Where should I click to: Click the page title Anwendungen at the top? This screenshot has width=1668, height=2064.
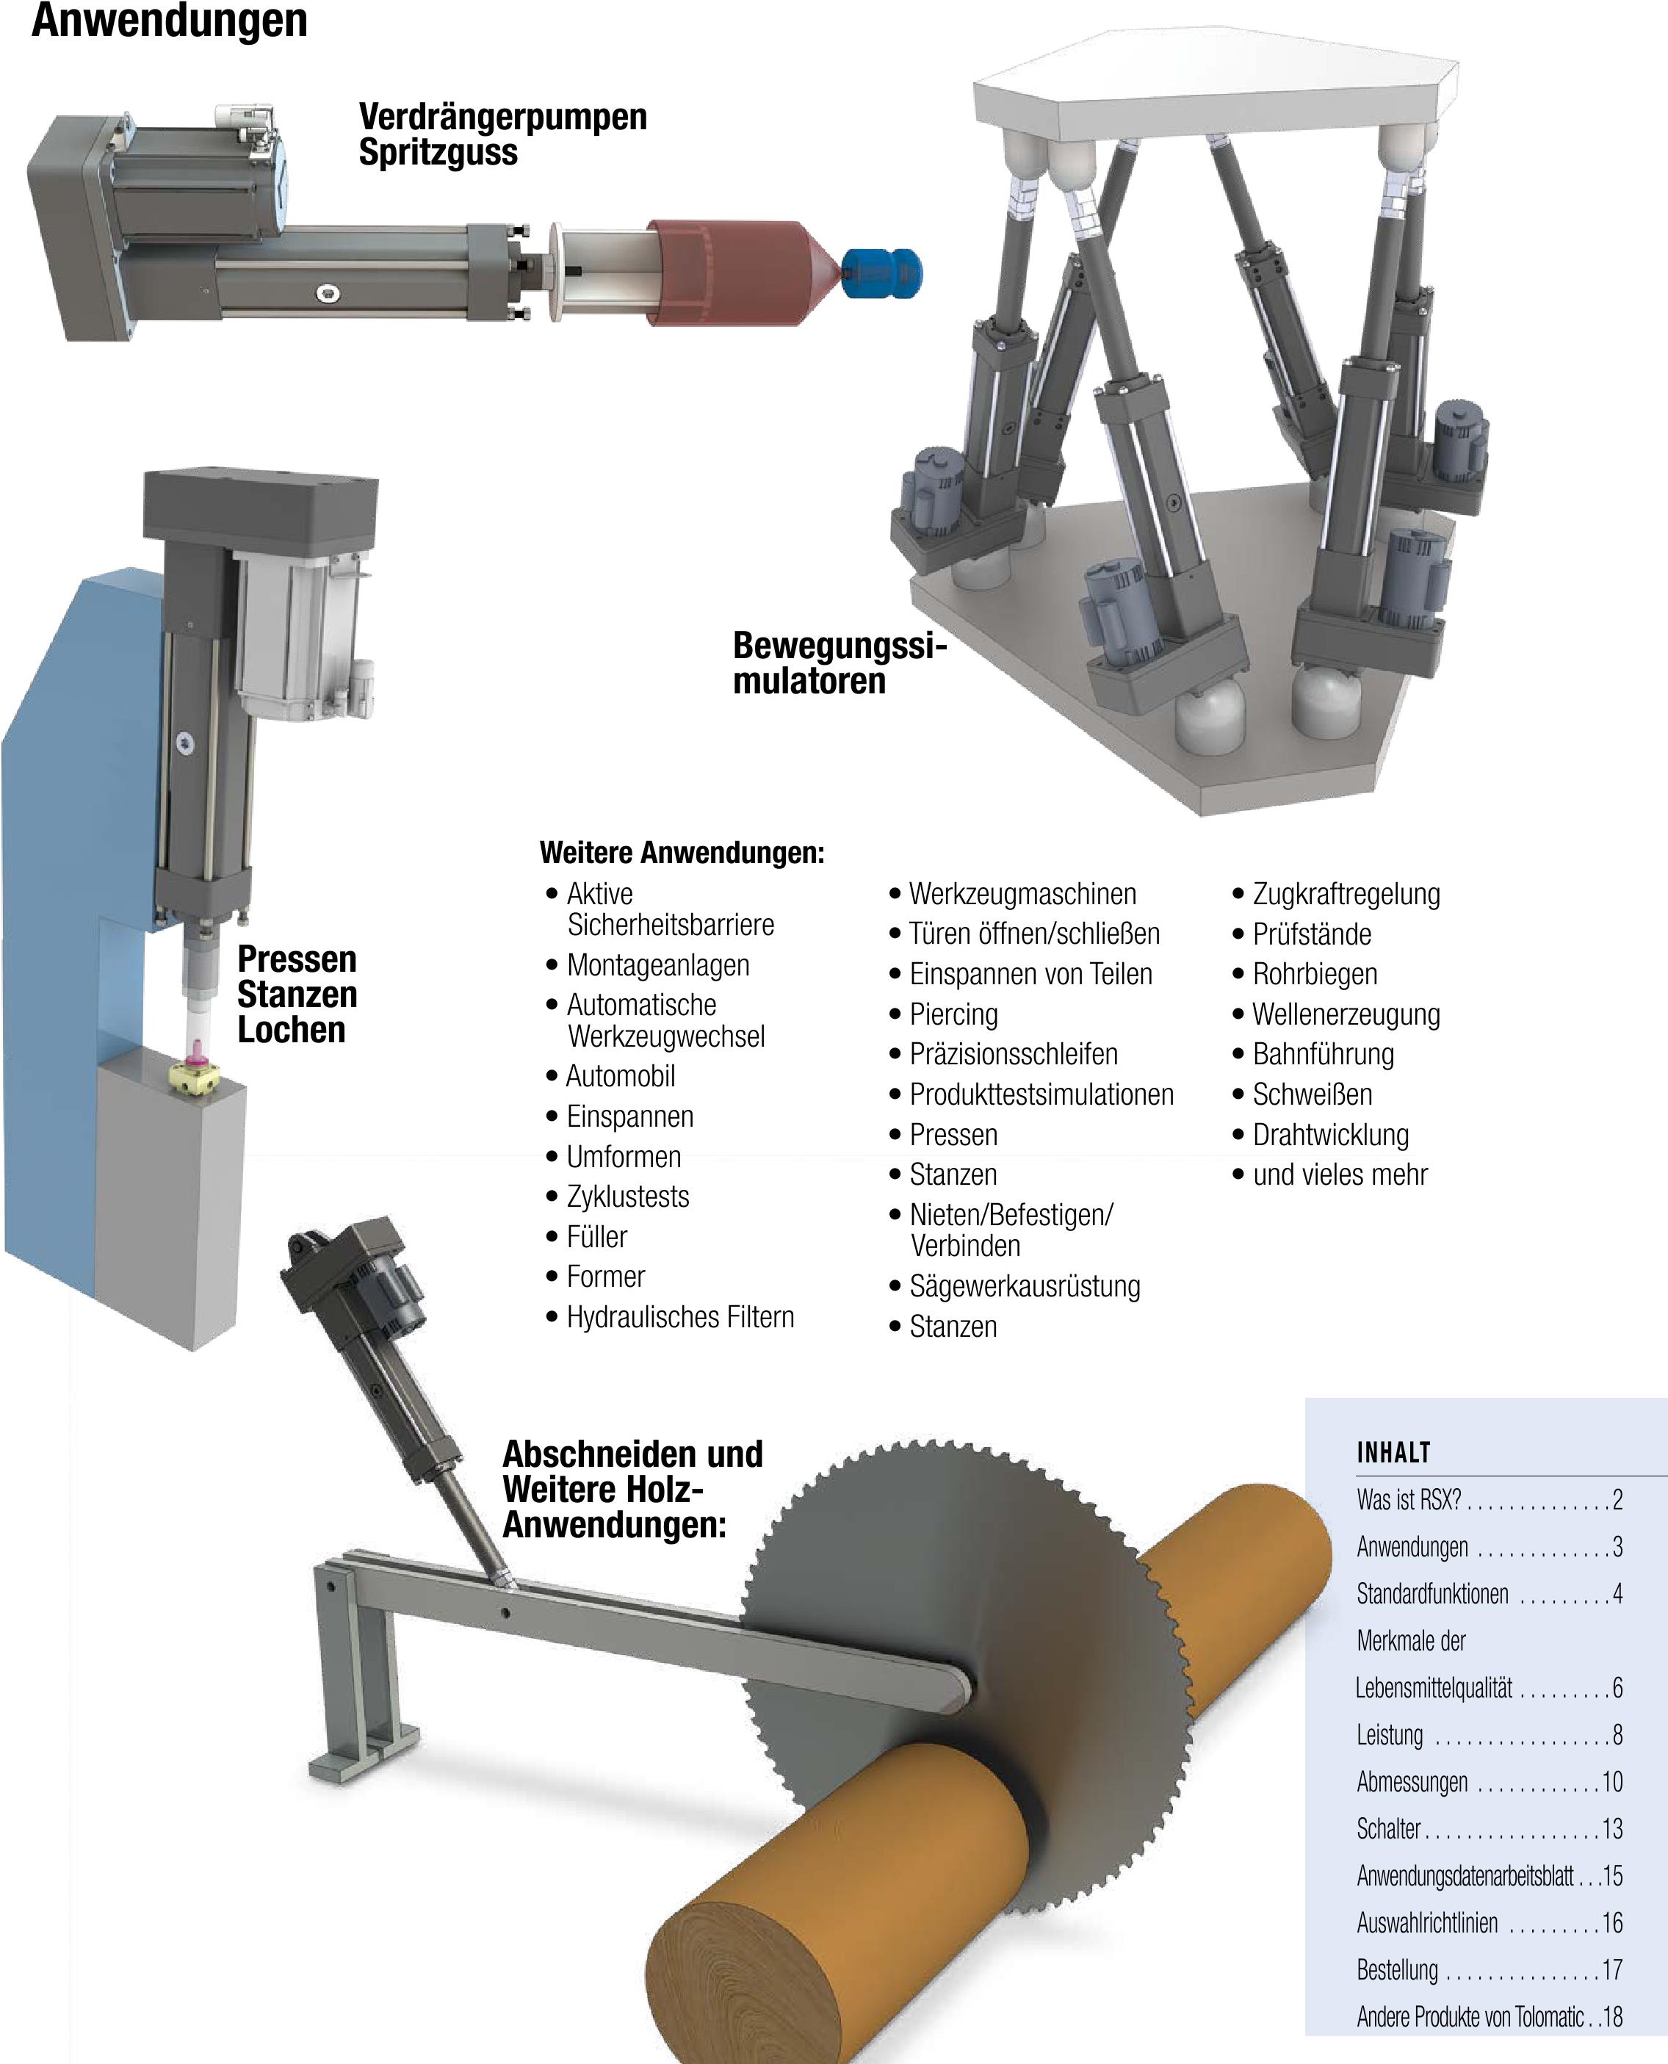pos(169,20)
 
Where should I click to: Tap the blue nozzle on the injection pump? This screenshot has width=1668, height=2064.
pos(882,274)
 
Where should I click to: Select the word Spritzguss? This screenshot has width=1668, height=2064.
pos(438,153)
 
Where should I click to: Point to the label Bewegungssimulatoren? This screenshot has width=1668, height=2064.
pos(839,663)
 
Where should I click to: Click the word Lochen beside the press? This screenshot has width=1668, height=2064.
pos(291,1030)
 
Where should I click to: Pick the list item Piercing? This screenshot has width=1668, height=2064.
pos(953,1014)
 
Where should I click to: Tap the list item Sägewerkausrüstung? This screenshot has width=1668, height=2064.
pos(1025,1287)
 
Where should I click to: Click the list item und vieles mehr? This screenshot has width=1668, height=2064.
pos(1340,1175)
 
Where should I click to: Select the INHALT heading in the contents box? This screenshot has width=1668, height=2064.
pos(1393,1453)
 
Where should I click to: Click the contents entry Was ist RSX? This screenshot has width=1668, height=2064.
pos(1409,1500)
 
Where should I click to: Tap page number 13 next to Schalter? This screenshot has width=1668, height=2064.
pos(1612,1828)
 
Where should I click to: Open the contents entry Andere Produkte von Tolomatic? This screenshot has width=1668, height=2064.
pos(1470,2017)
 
